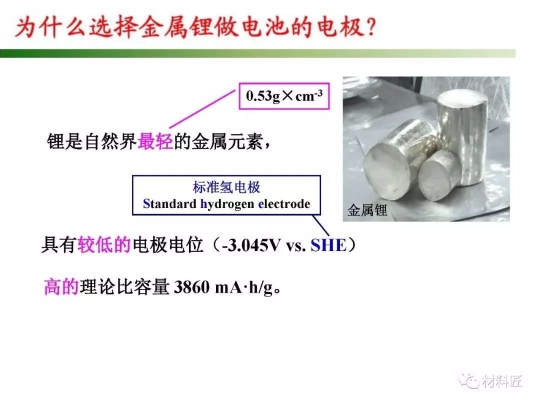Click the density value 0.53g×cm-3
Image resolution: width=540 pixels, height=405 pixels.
pyautogui.click(x=284, y=95)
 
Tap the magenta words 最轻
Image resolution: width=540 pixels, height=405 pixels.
pyautogui.click(x=155, y=141)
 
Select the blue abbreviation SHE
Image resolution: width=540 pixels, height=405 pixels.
pyautogui.click(x=328, y=245)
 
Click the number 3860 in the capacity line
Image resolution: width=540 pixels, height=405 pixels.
pyautogui.click(x=192, y=287)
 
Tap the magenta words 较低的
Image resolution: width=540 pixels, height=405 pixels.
pyautogui.click(x=104, y=245)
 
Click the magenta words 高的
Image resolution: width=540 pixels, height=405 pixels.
pyautogui.click(x=61, y=287)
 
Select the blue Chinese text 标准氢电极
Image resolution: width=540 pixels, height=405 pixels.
pyautogui.click(x=226, y=187)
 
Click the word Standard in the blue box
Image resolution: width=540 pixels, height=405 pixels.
pyautogui.click(x=169, y=203)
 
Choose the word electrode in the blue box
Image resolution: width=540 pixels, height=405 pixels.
pyautogui.click(x=284, y=203)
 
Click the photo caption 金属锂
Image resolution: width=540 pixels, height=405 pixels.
pyautogui.click(x=367, y=210)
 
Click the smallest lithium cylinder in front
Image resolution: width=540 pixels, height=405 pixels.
pyautogui.click(x=439, y=175)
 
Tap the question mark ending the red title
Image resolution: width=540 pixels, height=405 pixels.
pyautogui.click(x=371, y=27)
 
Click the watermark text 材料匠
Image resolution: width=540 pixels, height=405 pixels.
pyautogui.click(x=502, y=381)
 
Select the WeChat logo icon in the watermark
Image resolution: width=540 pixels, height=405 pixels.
pyautogui.click(x=469, y=380)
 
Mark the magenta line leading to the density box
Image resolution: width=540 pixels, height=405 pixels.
pyautogui.click(x=202, y=109)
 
